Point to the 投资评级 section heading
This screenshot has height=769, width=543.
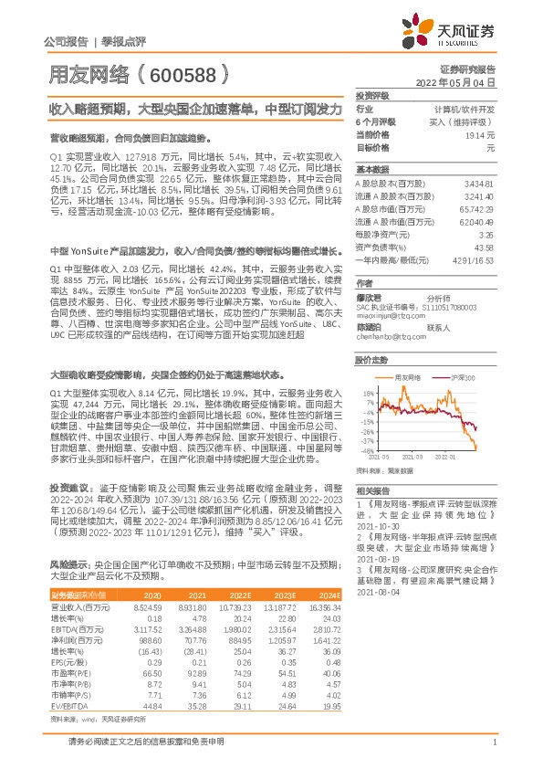tap(372, 95)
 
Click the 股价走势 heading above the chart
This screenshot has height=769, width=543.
tap(372, 360)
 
